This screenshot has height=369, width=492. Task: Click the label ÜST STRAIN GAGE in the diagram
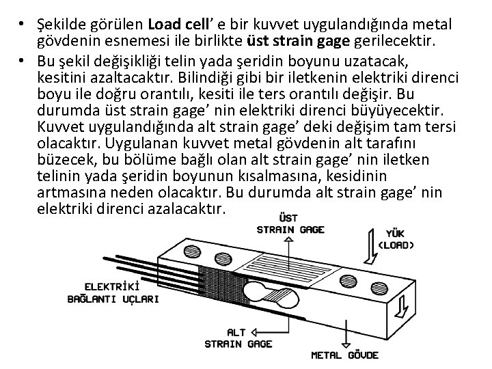293,224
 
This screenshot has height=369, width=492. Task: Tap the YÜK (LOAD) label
396,238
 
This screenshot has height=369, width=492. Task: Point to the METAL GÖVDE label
346,355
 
